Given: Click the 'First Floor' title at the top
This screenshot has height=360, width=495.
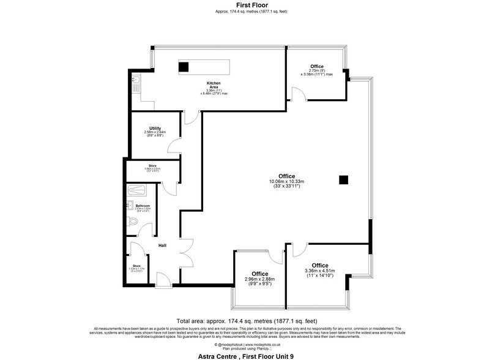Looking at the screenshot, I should click(247, 4).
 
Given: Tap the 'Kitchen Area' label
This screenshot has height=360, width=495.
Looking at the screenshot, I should click(214, 84).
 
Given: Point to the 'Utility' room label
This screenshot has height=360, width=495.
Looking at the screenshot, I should click(155, 128).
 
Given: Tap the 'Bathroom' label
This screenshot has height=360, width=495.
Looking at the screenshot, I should click(143, 206).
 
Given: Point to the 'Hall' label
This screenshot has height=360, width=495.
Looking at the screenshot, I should click(163, 245).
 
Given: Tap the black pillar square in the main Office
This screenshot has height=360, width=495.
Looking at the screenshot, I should click(344, 179).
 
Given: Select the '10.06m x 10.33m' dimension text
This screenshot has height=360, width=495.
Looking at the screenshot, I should click(287, 181).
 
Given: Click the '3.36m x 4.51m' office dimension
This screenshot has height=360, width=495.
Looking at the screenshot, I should click(320, 271).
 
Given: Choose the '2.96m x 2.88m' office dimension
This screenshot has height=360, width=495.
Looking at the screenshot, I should click(259, 279).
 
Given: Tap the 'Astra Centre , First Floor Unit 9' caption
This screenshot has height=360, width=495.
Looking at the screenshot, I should click(247, 354).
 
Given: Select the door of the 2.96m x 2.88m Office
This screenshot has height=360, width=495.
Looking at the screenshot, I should click(275, 257).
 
